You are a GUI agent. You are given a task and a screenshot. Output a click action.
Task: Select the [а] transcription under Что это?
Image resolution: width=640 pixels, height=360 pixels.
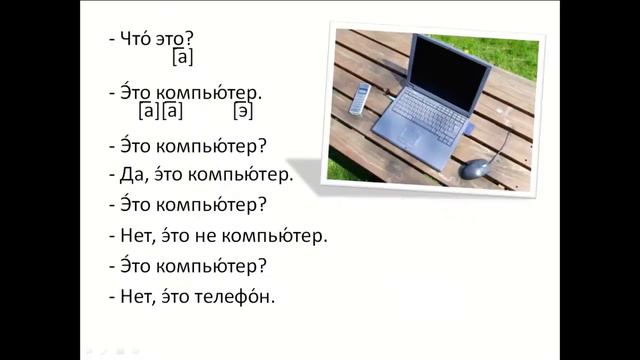[183, 57]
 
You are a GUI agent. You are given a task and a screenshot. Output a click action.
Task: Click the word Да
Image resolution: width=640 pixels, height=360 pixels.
[131, 174]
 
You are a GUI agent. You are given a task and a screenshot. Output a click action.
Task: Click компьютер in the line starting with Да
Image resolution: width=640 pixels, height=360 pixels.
[241, 174]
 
